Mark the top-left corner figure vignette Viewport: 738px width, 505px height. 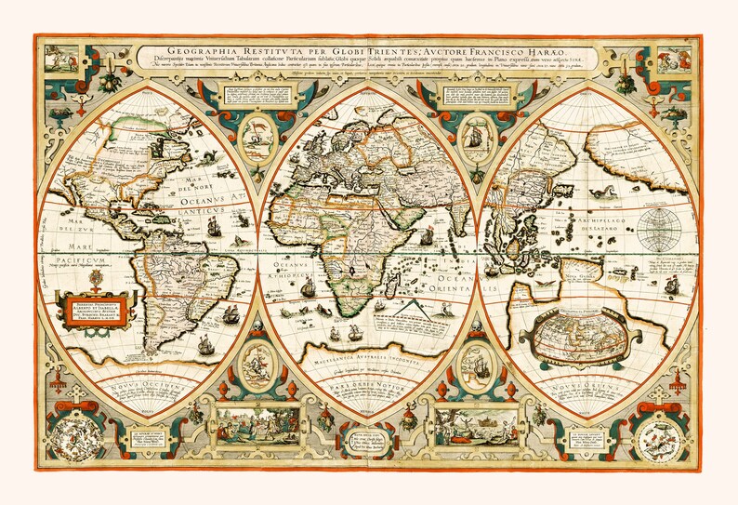pyautogui.click(x=65, y=55)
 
